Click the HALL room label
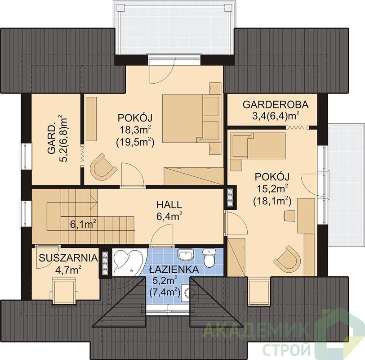coord(169,205)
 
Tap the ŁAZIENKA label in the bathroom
coord(174,270)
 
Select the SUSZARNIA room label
coord(68,258)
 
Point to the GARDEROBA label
coord(276,104)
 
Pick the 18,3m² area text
coord(135,130)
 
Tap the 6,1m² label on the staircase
coord(83,225)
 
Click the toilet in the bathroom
coord(209,257)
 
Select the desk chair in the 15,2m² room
coord(290,216)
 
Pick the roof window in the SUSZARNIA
coord(63,291)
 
